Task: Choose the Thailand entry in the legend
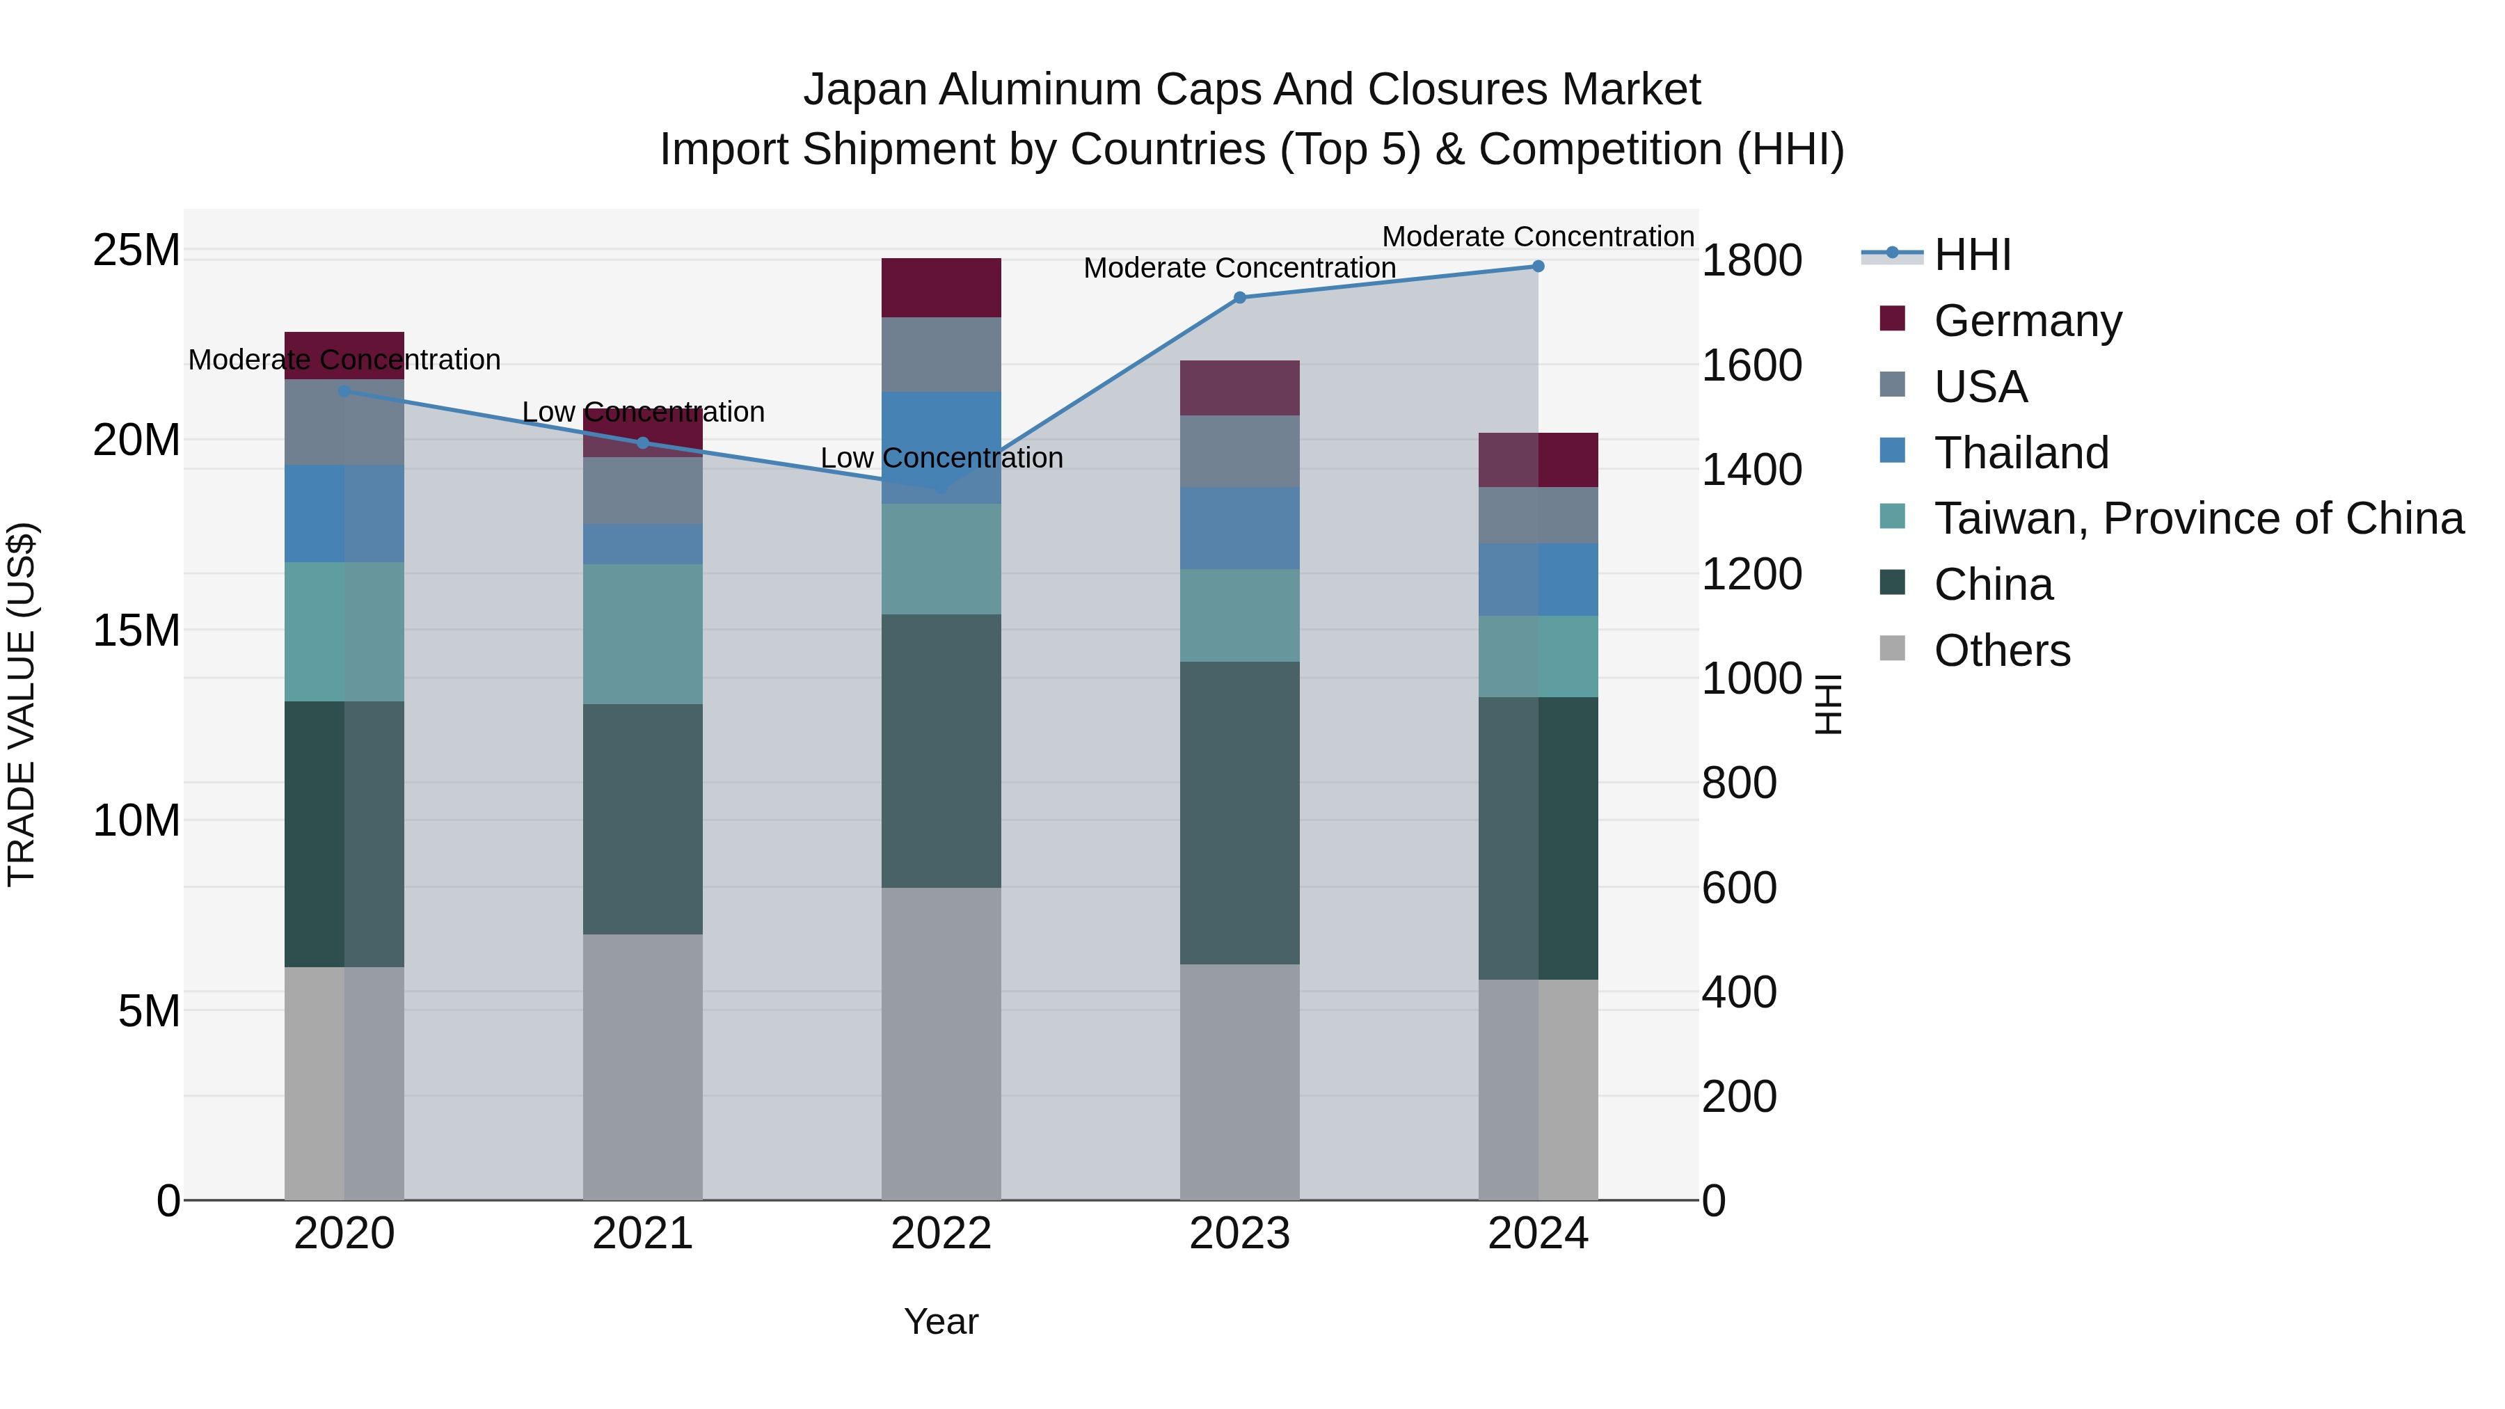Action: [2021, 453]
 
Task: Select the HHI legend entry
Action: [1971, 255]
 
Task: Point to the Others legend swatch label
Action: [2001, 651]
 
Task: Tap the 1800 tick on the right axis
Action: [1751, 261]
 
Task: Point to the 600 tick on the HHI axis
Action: [1739, 888]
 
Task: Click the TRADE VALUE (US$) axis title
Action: [22, 703]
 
